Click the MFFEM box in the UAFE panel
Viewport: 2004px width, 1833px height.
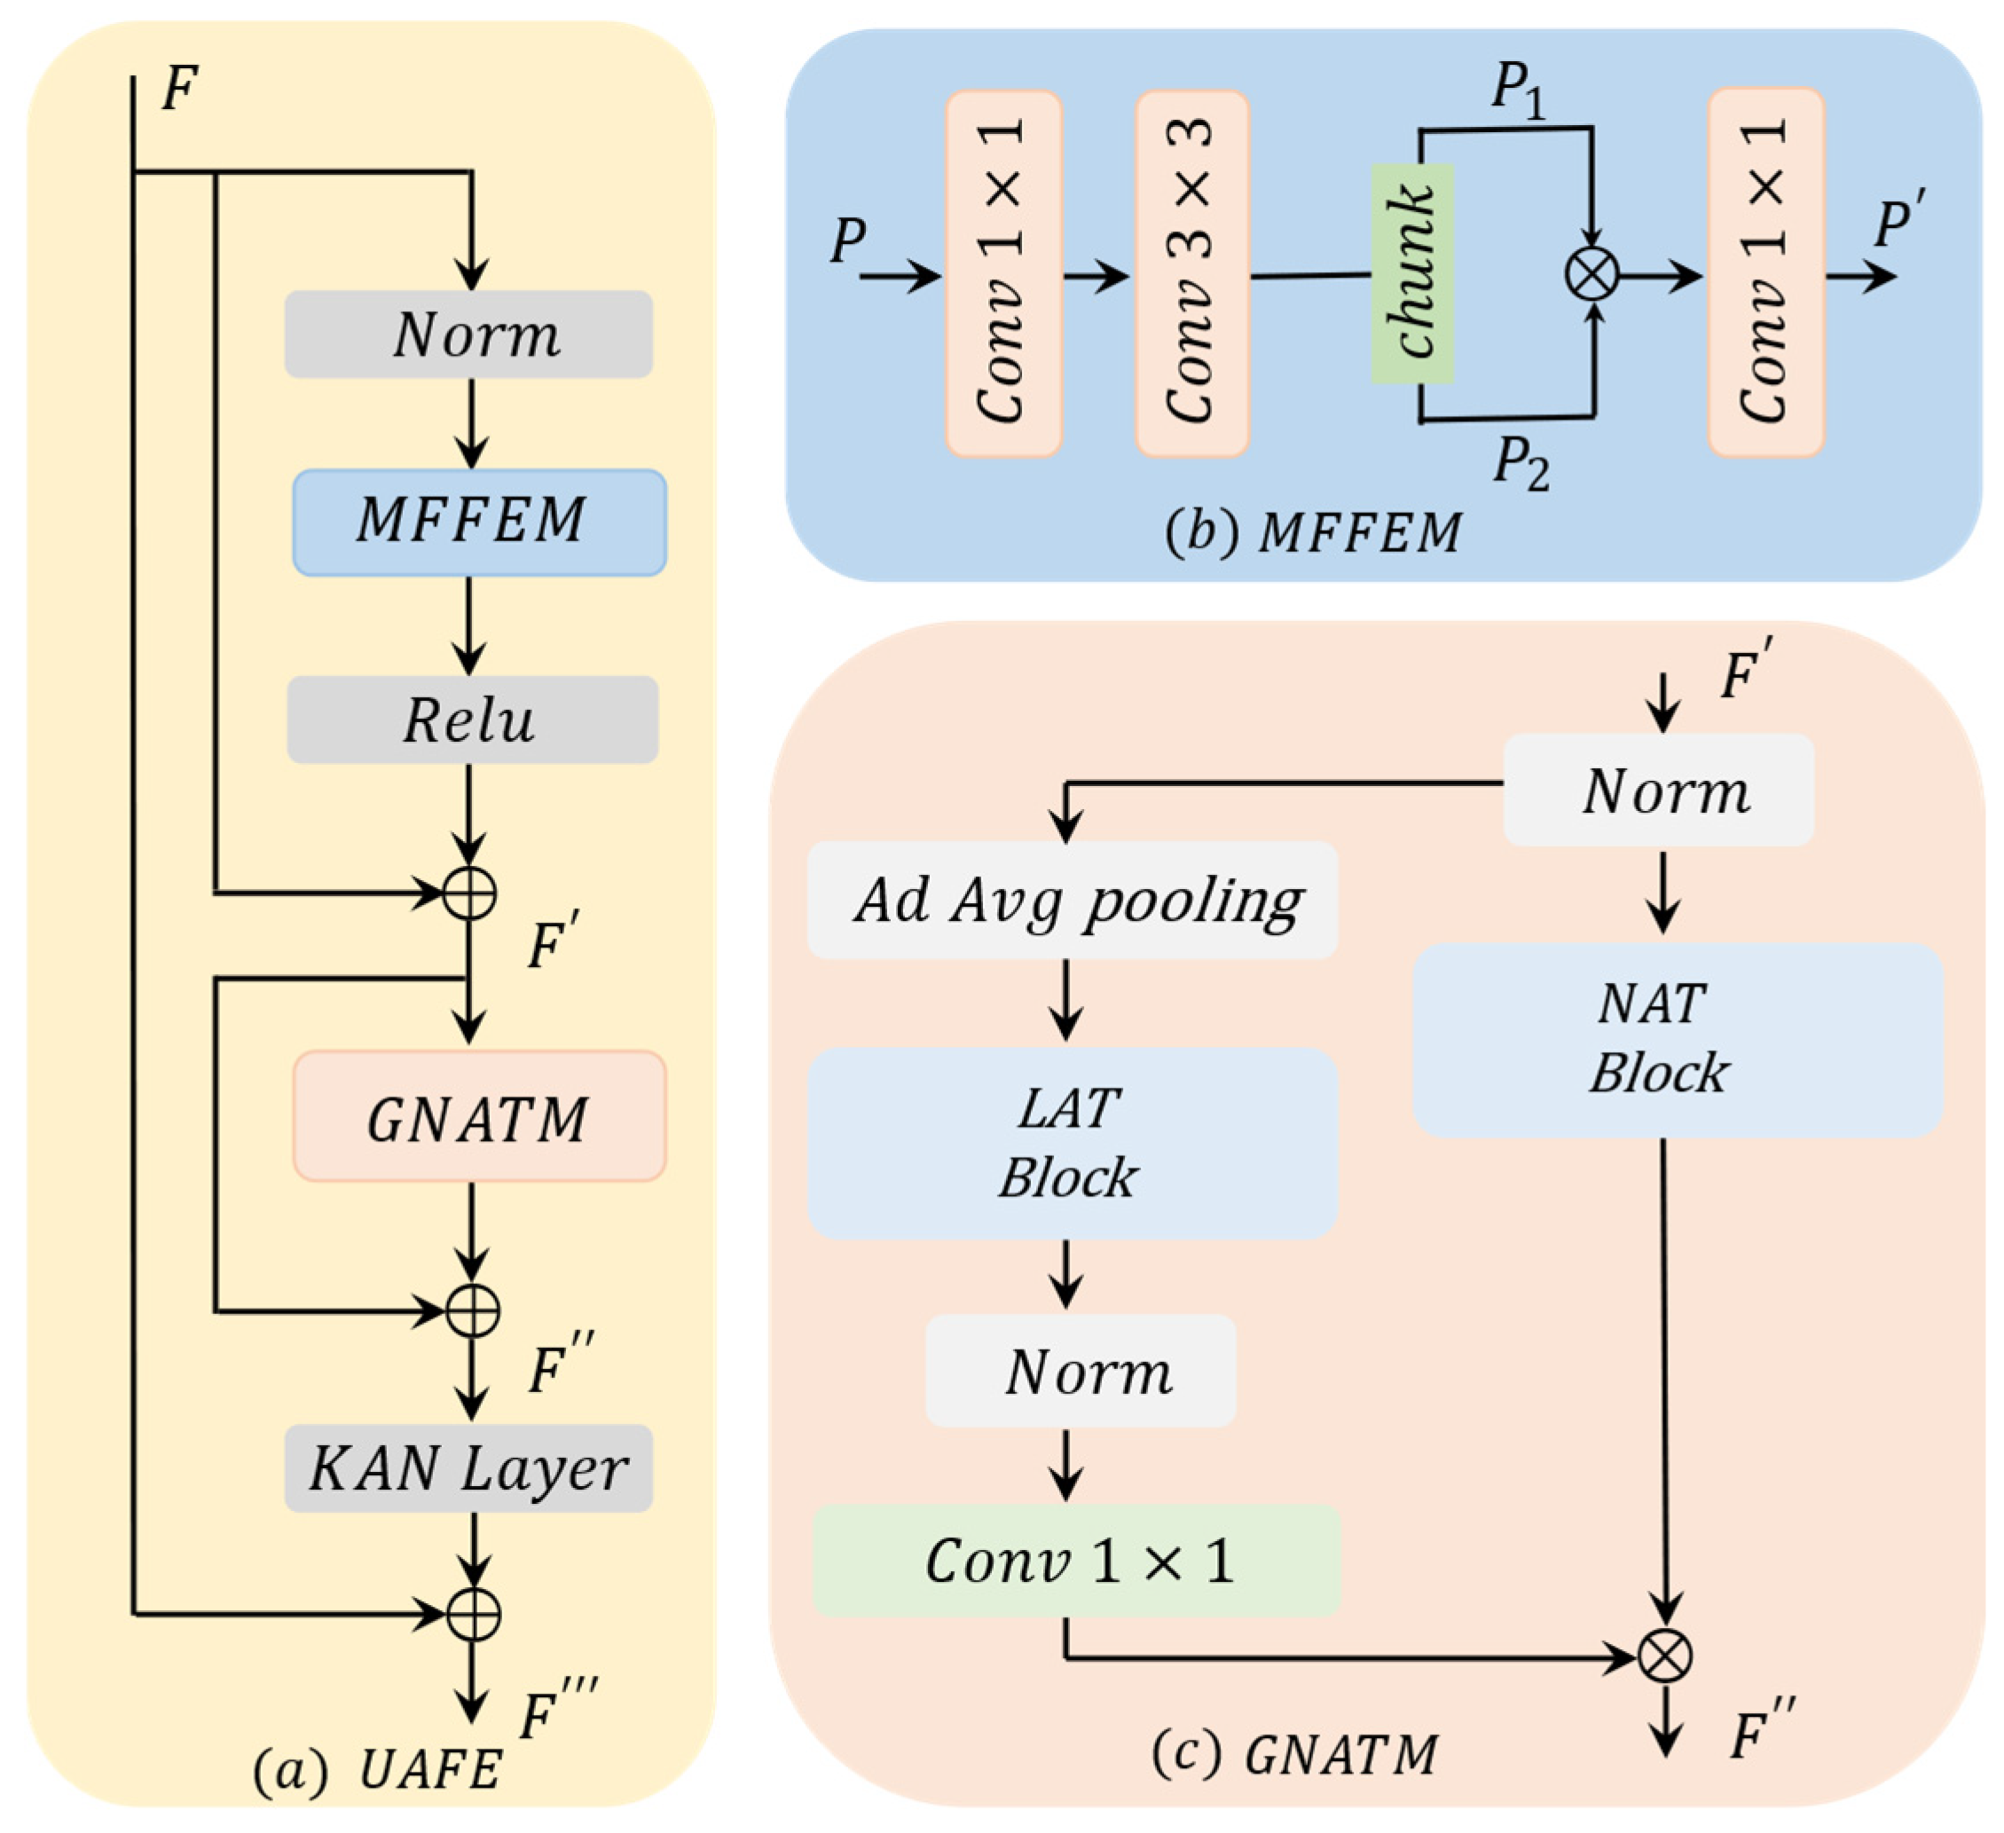point(479,522)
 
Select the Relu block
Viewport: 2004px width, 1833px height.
point(472,720)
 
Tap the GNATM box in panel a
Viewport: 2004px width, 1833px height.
point(479,1116)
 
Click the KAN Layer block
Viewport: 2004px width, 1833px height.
point(468,1468)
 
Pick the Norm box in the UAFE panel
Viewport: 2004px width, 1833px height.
point(468,334)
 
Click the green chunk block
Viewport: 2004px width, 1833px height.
point(1412,273)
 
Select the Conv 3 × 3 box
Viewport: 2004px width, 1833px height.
point(1192,273)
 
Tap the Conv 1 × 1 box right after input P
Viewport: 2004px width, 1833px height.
point(1004,273)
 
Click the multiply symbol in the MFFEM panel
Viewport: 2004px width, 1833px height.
point(1591,274)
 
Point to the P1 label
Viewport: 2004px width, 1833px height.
point(1518,90)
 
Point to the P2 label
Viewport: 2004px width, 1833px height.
point(1521,462)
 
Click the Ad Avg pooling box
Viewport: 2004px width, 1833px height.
point(1072,900)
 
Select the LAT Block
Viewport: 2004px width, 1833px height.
point(1072,1142)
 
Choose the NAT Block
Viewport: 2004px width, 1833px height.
point(1677,1039)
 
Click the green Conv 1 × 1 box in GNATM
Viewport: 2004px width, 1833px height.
point(1077,1560)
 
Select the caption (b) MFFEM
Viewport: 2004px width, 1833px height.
point(1312,533)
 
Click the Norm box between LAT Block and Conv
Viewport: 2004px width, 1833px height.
point(1081,1371)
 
